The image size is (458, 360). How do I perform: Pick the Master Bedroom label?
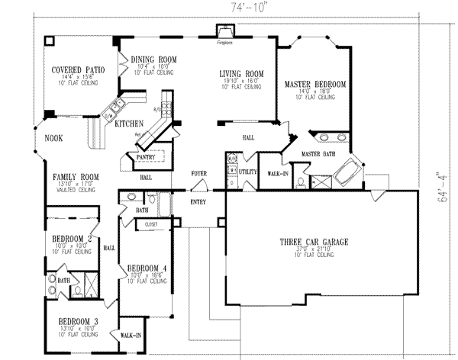315,84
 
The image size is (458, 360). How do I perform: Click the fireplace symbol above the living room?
226,31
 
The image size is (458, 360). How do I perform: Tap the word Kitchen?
129,123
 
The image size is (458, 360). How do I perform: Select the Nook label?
53,138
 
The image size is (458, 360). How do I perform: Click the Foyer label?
199,174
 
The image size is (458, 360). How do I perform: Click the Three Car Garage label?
314,242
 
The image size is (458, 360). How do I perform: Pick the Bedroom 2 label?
72,239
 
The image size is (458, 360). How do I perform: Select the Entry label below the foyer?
199,202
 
